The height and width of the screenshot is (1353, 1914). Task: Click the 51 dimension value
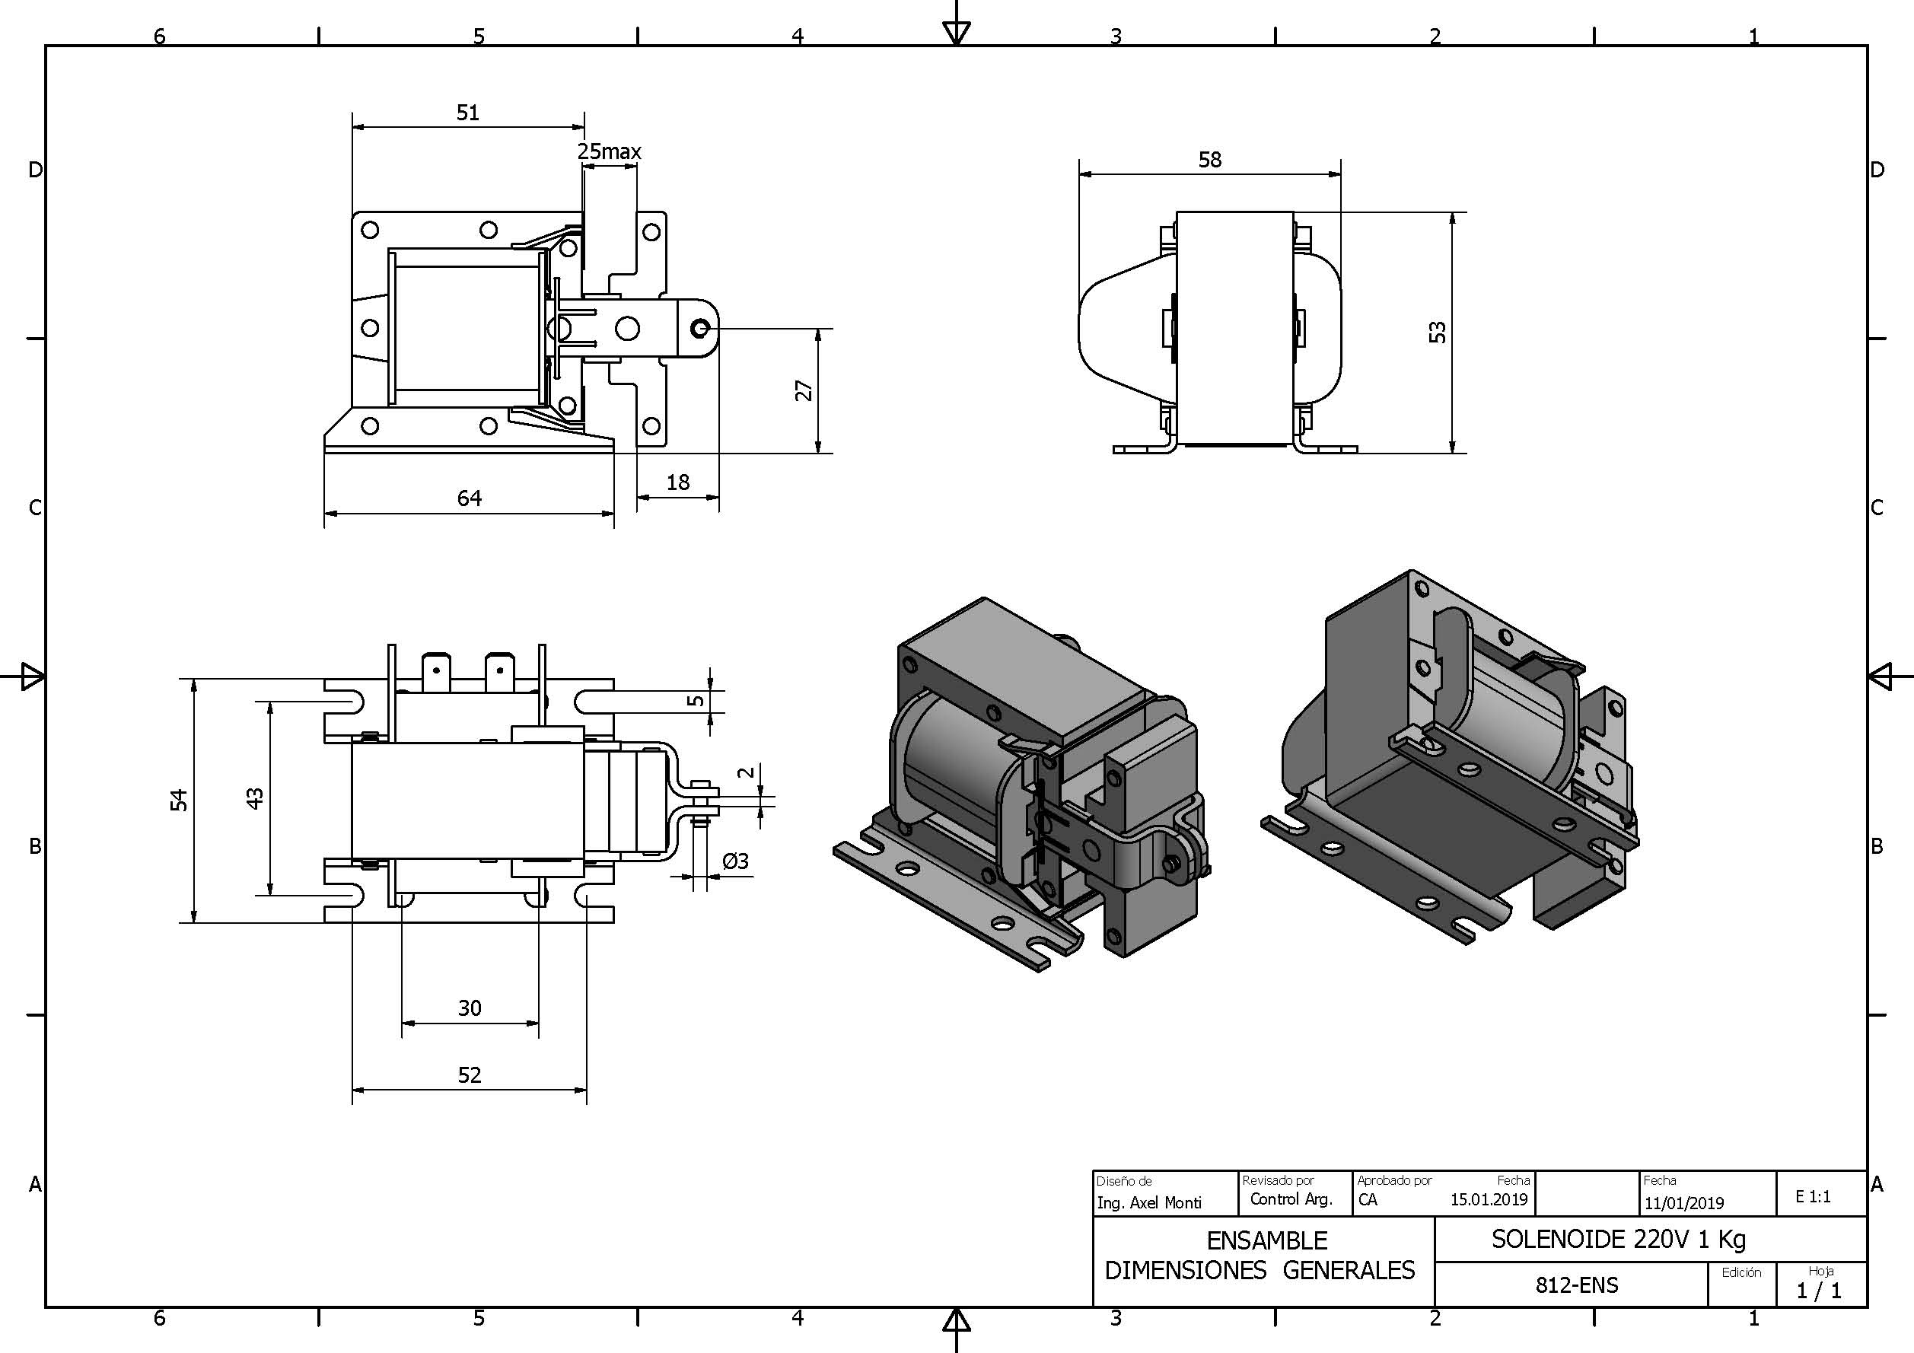tap(468, 113)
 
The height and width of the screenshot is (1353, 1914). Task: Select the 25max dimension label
tap(610, 151)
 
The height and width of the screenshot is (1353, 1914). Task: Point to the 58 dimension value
tap(1209, 159)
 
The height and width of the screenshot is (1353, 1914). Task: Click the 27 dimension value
tap(804, 390)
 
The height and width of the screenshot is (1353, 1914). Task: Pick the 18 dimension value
tap(678, 482)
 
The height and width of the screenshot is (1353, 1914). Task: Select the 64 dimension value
tap(470, 498)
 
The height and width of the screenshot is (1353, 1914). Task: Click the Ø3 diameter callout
tap(735, 861)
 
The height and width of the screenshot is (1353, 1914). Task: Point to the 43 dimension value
tap(255, 797)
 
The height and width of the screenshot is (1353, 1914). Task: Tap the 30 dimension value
tap(470, 1008)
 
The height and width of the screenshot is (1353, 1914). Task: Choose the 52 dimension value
tap(470, 1074)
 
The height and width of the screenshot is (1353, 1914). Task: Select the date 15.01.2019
tap(1489, 1199)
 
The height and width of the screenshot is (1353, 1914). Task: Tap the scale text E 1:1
tap(1813, 1196)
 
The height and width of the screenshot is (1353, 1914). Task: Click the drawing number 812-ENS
tap(1576, 1285)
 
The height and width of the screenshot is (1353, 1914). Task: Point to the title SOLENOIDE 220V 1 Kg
tap(1618, 1240)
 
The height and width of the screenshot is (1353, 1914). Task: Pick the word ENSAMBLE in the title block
tap(1266, 1240)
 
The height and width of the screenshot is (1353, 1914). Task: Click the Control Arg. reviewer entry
tap(1291, 1199)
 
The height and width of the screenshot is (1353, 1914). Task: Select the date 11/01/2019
tap(1684, 1203)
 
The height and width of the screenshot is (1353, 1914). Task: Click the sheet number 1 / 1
tap(1819, 1291)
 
